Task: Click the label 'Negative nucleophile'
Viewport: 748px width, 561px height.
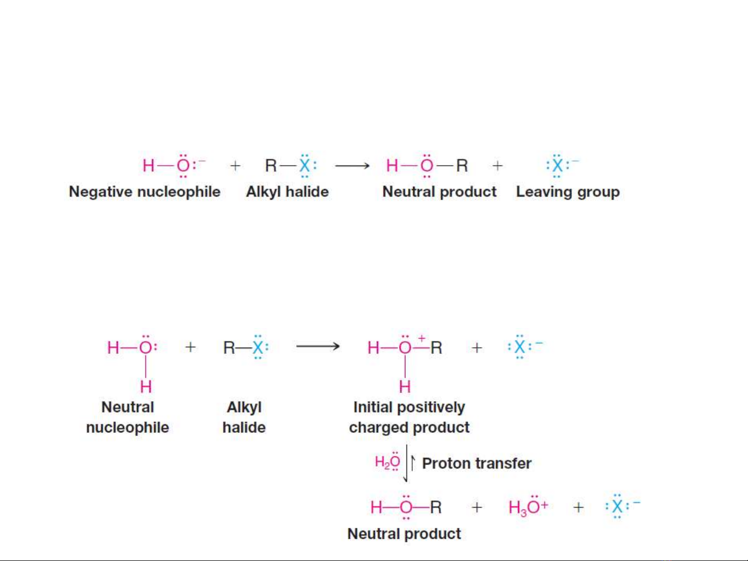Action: click(145, 191)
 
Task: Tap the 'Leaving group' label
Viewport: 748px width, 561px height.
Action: click(567, 191)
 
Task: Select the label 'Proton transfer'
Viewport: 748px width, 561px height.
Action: click(477, 463)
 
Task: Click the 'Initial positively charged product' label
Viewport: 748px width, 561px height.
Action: click(409, 417)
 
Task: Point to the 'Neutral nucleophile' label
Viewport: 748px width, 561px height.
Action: click(128, 417)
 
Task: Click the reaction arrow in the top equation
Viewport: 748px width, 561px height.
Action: click(352, 166)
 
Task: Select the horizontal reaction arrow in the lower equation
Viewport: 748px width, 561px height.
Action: click(318, 346)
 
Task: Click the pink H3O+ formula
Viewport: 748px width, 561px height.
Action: click(527, 507)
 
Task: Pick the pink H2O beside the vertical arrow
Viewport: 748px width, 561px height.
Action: click(387, 461)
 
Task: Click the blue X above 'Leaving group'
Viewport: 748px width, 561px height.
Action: click(557, 166)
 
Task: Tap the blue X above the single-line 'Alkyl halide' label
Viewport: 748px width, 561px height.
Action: click(305, 166)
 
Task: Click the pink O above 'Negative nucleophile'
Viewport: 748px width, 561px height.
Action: click(183, 166)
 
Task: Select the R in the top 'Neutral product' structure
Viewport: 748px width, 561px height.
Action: click(461, 166)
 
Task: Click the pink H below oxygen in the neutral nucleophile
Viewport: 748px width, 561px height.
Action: click(146, 386)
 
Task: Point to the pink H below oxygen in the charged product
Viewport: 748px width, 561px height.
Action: click(405, 386)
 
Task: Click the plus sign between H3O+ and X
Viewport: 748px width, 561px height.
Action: click(578, 507)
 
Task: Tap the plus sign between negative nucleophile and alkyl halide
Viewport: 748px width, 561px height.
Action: click(235, 166)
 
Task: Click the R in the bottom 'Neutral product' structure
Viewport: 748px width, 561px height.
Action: click(436, 507)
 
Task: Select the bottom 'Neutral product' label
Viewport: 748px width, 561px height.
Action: click(404, 533)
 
